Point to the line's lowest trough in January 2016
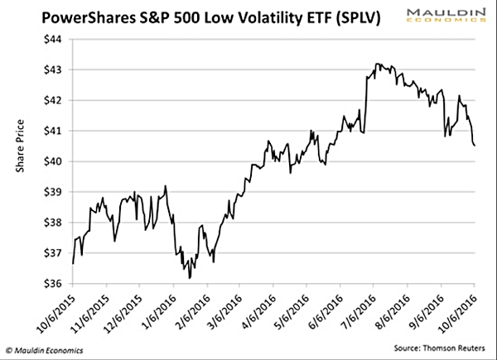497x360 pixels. pos(189,278)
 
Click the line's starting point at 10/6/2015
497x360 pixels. pos(73,263)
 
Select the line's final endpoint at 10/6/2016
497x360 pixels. pos(475,146)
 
